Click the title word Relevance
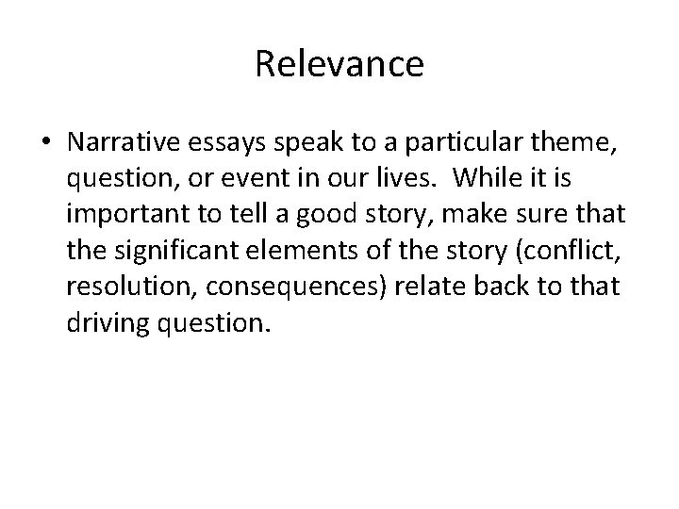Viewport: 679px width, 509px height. pyautogui.click(x=339, y=65)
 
